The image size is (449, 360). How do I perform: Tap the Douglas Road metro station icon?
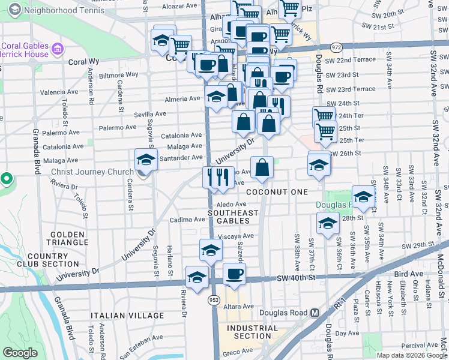[x=315, y=313]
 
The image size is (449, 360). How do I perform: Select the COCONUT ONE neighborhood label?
[x=277, y=192]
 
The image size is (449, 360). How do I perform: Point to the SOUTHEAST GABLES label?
[x=233, y=217]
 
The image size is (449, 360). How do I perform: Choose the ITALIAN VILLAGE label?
[x=127, y=316]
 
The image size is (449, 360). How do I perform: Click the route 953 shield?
[x=215, y=298]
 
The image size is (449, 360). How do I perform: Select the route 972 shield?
[x=336, y=47]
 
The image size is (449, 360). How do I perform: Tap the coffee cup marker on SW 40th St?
[x=235, y=274]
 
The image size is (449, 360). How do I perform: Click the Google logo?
[x=20, y=353]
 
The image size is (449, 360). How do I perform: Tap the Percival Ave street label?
[x=420, y=345]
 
